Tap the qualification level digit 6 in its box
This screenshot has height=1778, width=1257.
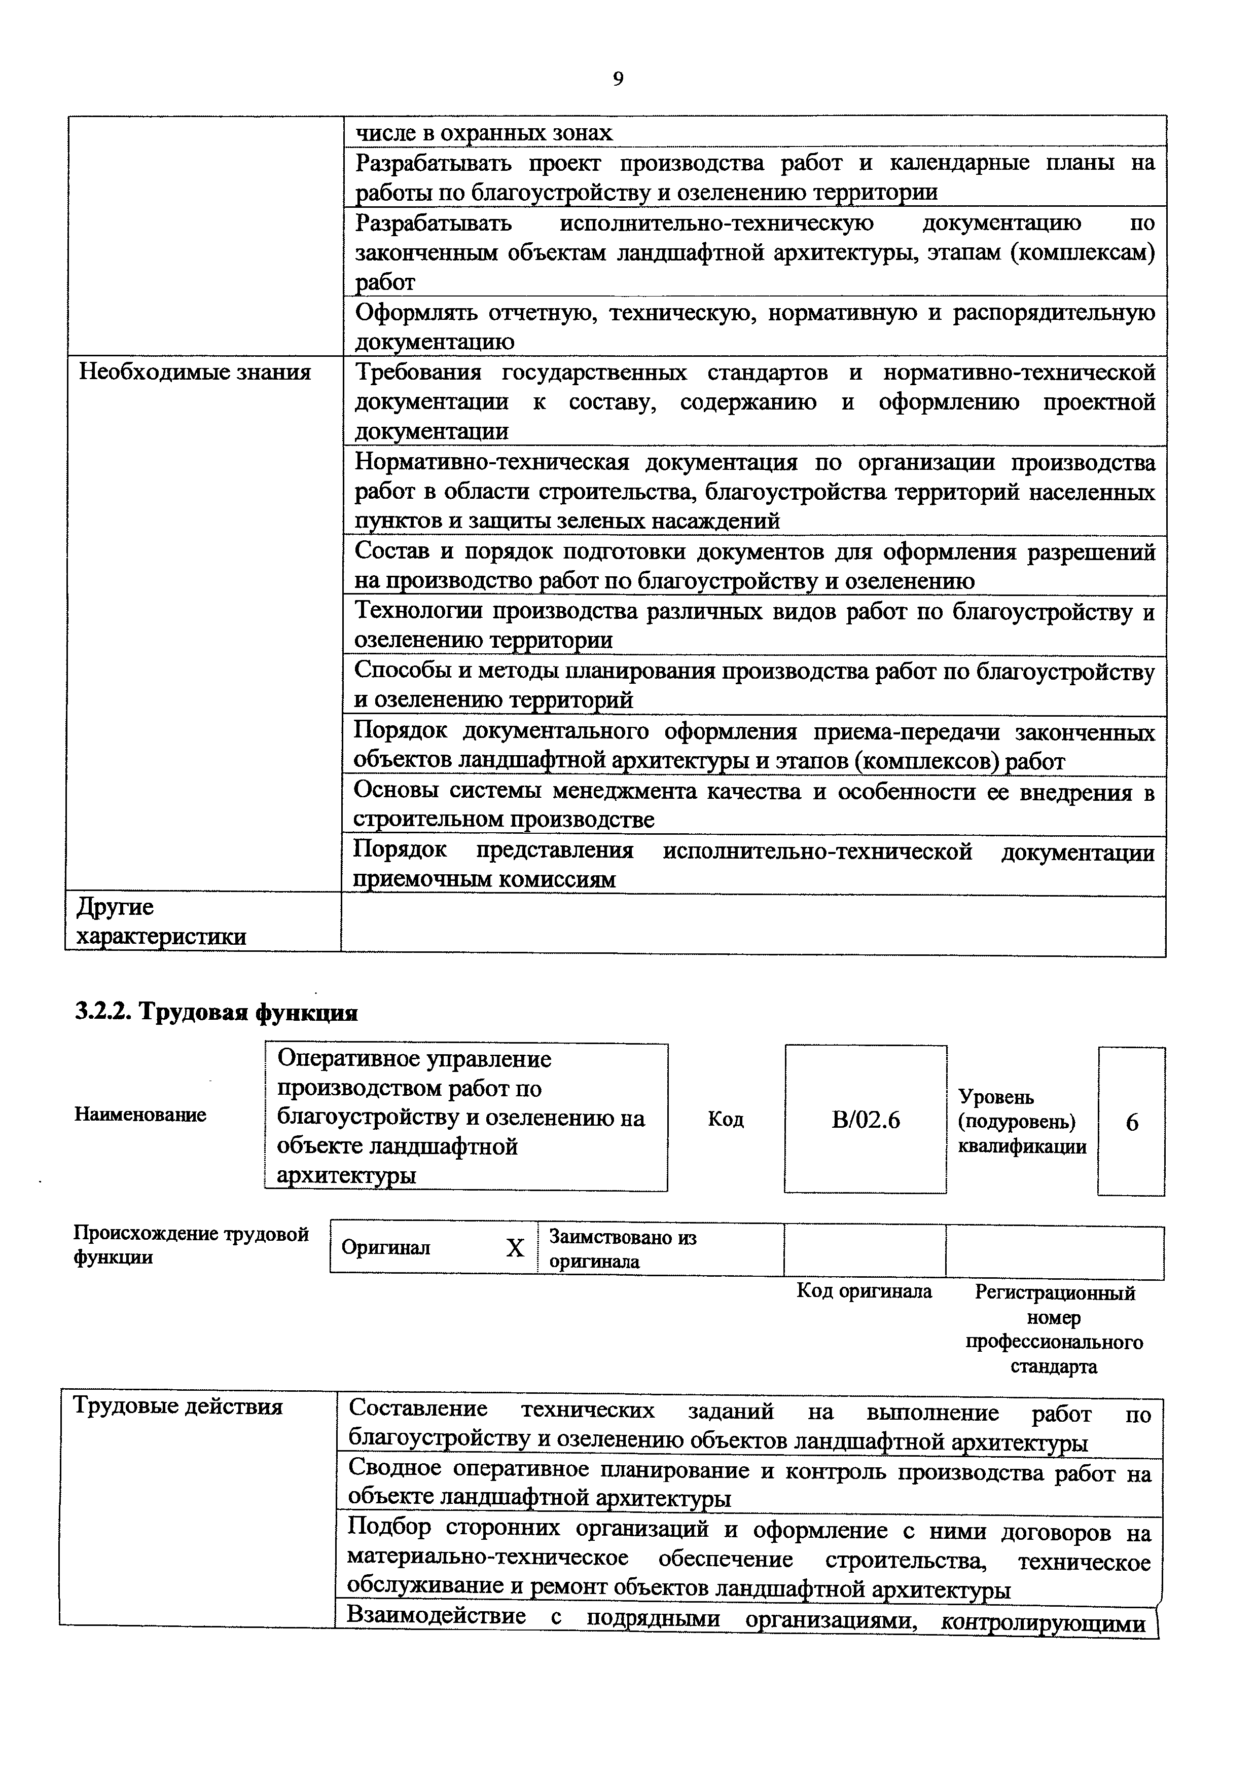tap(1132, 1122)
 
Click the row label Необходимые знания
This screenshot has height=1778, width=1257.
tap(195, 373)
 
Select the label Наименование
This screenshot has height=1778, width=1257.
tap(140, 1115)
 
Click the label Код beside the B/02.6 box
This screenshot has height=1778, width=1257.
tap(726, 1119)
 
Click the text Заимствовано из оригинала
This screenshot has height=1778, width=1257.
tap(622, 1248)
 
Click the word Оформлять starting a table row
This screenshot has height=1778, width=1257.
tap(415, 312)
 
